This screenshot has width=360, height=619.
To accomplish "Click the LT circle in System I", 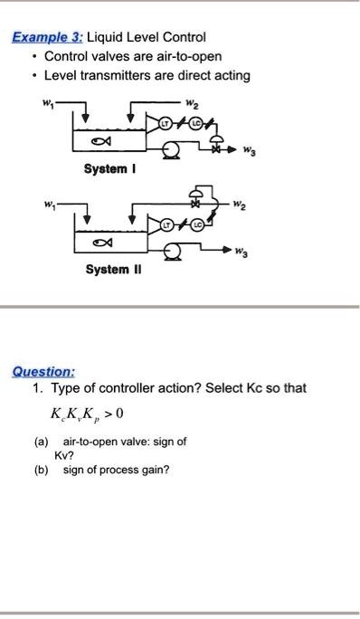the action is coord(166,121).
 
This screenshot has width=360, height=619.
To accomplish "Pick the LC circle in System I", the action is coord(192,121).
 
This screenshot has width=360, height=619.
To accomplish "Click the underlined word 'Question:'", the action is coord(43,371).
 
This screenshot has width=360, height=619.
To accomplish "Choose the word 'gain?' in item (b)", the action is coord(154,469).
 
